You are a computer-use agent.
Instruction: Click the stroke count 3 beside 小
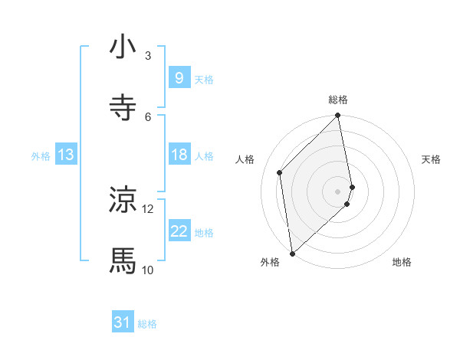148,55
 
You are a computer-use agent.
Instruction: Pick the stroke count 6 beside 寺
148,116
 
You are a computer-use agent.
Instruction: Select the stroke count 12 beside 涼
148,208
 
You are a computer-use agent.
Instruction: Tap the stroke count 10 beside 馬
148,270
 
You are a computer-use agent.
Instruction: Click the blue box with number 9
179,78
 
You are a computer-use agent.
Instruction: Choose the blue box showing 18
179,155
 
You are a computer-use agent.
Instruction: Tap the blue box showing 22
179,231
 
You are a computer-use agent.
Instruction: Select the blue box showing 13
66,155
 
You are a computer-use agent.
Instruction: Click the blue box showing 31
123,323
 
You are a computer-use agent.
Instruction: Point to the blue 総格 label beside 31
147,324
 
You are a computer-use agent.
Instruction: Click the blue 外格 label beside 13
41,155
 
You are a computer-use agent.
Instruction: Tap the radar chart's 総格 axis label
338,100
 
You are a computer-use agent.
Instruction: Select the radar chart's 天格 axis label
431,159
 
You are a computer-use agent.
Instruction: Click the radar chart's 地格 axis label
402,262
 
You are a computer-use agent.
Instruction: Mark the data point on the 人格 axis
280,172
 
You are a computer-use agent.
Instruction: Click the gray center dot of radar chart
338,191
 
